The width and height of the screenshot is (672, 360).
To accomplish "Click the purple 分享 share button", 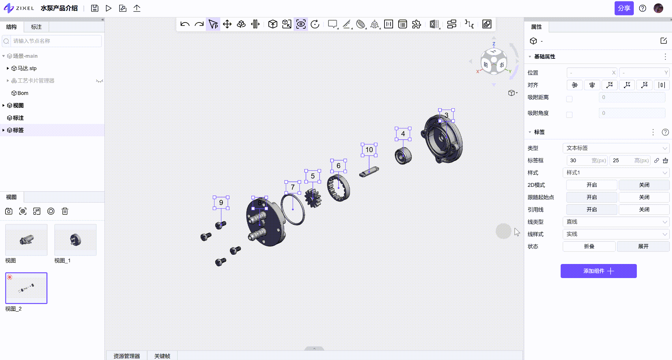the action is pos(624,8).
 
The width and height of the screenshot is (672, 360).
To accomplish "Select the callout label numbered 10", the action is pos(369,150).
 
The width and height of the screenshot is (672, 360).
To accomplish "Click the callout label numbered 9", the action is pos(221,203).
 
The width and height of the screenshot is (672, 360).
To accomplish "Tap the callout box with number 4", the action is pos(403,134).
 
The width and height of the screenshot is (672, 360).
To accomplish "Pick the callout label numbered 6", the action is pos(338,166).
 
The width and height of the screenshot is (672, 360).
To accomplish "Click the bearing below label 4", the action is pos(403,156).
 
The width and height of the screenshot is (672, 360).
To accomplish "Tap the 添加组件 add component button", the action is pos(599,271).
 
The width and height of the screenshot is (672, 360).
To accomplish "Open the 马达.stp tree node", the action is pos(27,68).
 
